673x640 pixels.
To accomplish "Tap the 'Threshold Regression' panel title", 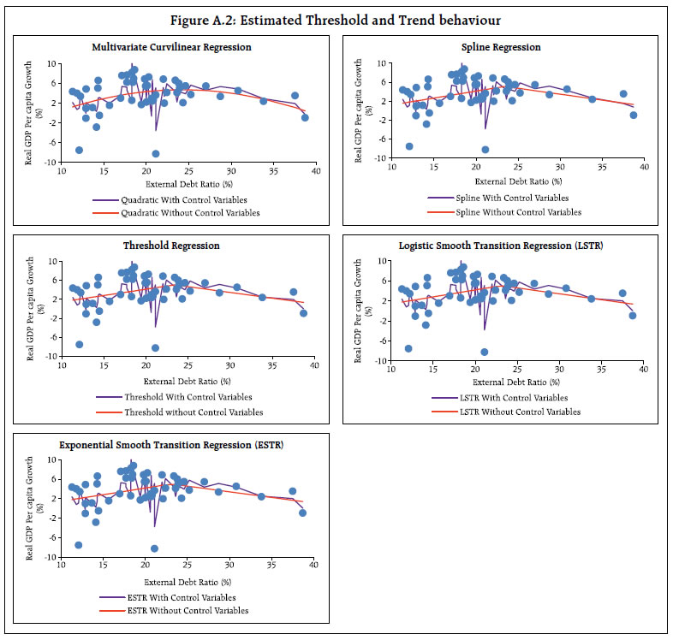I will pyautogui.click(x=171, y=246).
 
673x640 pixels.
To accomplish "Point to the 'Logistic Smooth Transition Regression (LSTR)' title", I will pyautogui.click(x=501, y=246).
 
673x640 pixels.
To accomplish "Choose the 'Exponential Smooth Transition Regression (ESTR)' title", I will pyautogui.click(x=171, y=445).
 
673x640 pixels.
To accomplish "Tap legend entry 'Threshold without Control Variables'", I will pyautogui.click(x=194, y=412).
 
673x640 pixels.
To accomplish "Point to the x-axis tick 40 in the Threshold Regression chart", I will pyautogui.click(x=314, y=366).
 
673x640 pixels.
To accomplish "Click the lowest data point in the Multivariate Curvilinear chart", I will pyautogui.click(x=156, y=153).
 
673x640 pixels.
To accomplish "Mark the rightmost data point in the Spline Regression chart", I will pyautogui.click(x=634, y=115).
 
